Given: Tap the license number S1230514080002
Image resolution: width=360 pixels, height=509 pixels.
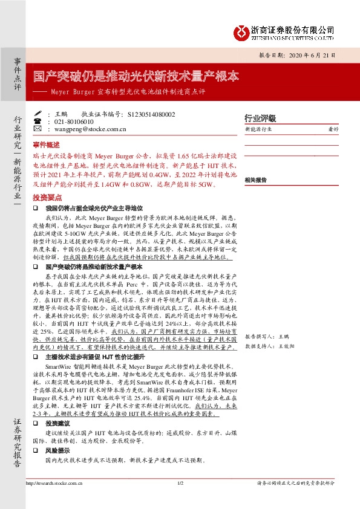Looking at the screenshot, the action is (x=148, y=114).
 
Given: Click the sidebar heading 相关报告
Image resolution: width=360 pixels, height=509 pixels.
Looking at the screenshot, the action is (x=256, y=180).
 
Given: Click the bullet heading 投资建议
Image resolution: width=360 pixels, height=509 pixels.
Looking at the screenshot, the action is (x=58, y=424).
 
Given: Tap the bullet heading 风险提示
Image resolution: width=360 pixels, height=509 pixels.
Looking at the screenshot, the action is (x=58, y=451).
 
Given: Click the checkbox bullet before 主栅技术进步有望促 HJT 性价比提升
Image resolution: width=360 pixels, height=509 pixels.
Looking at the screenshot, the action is (x=36, y=357).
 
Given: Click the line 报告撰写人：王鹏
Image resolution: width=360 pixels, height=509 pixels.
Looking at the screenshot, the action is (x=266, y=336).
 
